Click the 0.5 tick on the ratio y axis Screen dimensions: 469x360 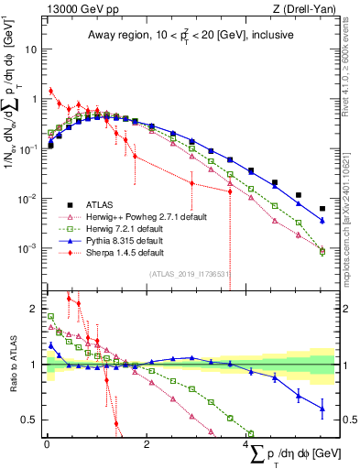(33, 420)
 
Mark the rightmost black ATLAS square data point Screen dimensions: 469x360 (322, 209)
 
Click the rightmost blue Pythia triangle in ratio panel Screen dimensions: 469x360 (322, 409)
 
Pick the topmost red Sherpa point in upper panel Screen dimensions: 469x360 (51, 91)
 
